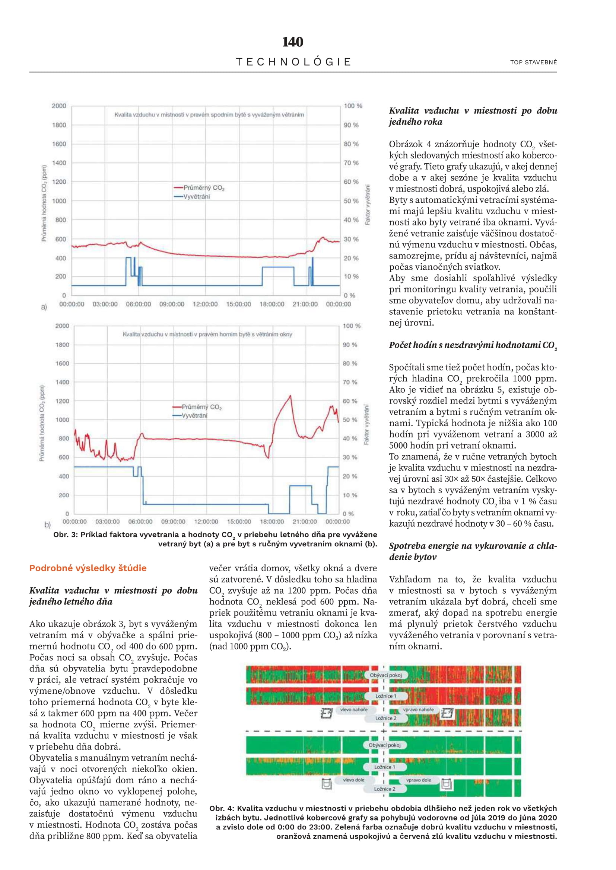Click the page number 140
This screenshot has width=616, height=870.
pos(292,42)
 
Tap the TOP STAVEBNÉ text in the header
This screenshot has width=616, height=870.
pos(533,62)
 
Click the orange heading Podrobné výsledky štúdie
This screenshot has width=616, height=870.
pos(88,568)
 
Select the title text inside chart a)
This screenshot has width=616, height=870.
pos(209,115)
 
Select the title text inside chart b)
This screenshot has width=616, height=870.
pos(207,334)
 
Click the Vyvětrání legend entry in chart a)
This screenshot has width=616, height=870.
pos(196,196)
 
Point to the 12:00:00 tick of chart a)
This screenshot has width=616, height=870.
pos(205,304)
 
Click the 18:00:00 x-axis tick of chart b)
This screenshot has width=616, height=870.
pos(272,522)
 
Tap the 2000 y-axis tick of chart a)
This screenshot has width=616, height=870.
pos(59,106)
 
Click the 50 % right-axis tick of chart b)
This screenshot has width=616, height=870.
pos(350,420)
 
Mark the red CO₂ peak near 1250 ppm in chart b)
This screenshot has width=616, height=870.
pos(290,396)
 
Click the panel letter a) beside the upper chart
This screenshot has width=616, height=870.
pos(44,306)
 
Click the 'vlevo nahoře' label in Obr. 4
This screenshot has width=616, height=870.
pos(353,709)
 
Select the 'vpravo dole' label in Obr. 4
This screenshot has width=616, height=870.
pos(418,780)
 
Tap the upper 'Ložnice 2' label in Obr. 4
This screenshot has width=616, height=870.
pos(386,718)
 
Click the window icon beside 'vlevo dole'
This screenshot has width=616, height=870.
pos(327,783)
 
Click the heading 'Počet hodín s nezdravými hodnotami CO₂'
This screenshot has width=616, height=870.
pos(473,345)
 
